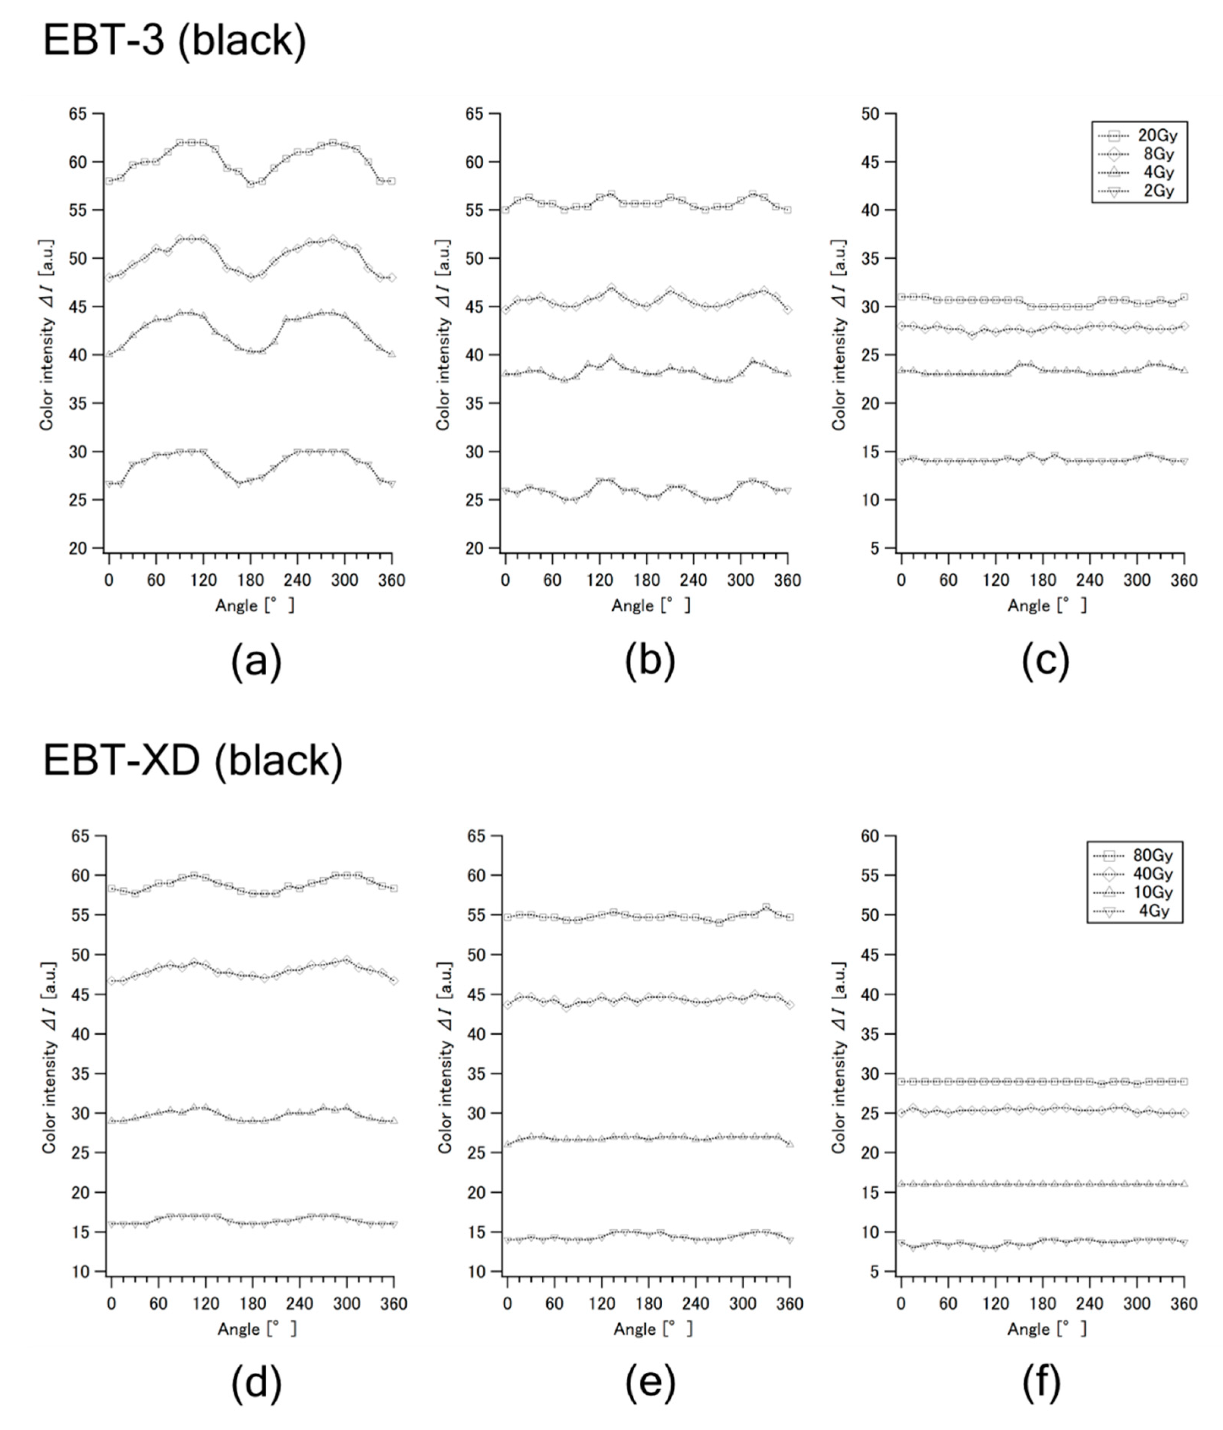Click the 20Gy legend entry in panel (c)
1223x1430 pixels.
(1139, 135)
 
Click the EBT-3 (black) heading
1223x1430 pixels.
(174, 41)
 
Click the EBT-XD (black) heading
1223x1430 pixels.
(193, 761)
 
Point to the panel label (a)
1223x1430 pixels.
(256, 661)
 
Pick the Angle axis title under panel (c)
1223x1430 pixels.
(1046, 605)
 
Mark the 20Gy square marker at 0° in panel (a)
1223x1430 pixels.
(109, 181)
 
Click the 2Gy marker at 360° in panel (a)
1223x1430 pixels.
(392, 484)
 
